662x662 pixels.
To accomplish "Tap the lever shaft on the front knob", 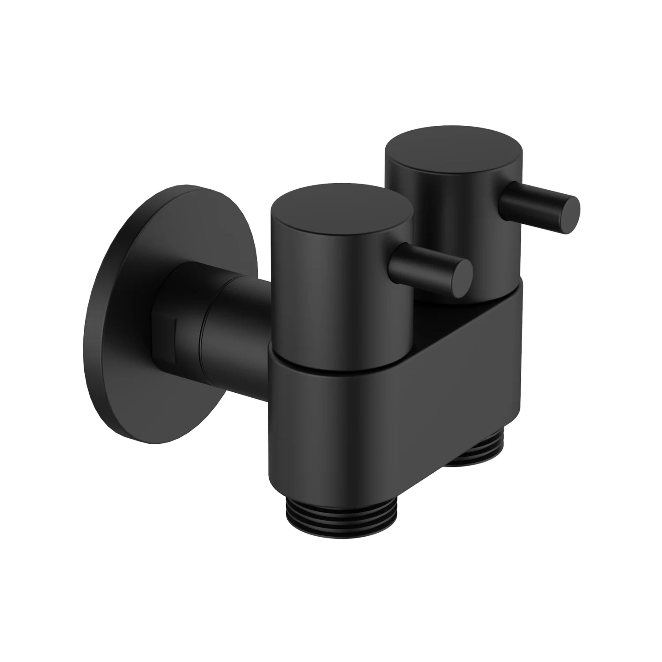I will point(425,264).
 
